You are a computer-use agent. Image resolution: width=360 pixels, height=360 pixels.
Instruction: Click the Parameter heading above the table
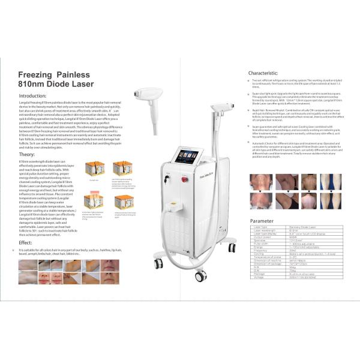tap(262, 221)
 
